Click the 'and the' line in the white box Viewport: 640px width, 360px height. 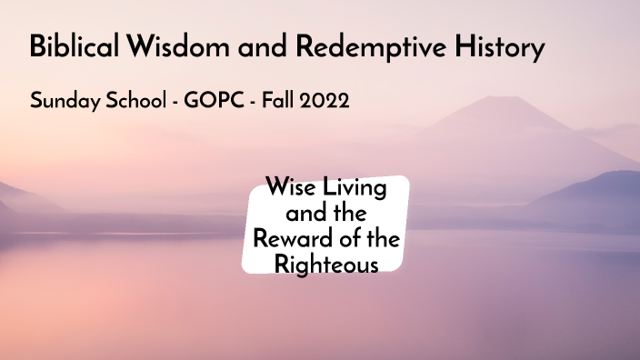[x=325, y=215]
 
